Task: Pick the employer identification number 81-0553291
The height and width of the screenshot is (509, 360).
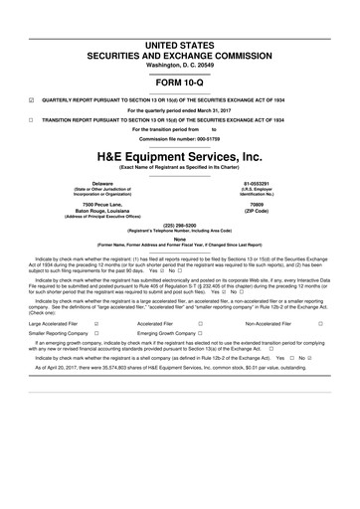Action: [x=270, y=184]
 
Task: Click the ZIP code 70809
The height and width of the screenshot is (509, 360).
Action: [x=270, y=205]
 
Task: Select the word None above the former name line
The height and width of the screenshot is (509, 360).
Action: [x=180, y=238]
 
